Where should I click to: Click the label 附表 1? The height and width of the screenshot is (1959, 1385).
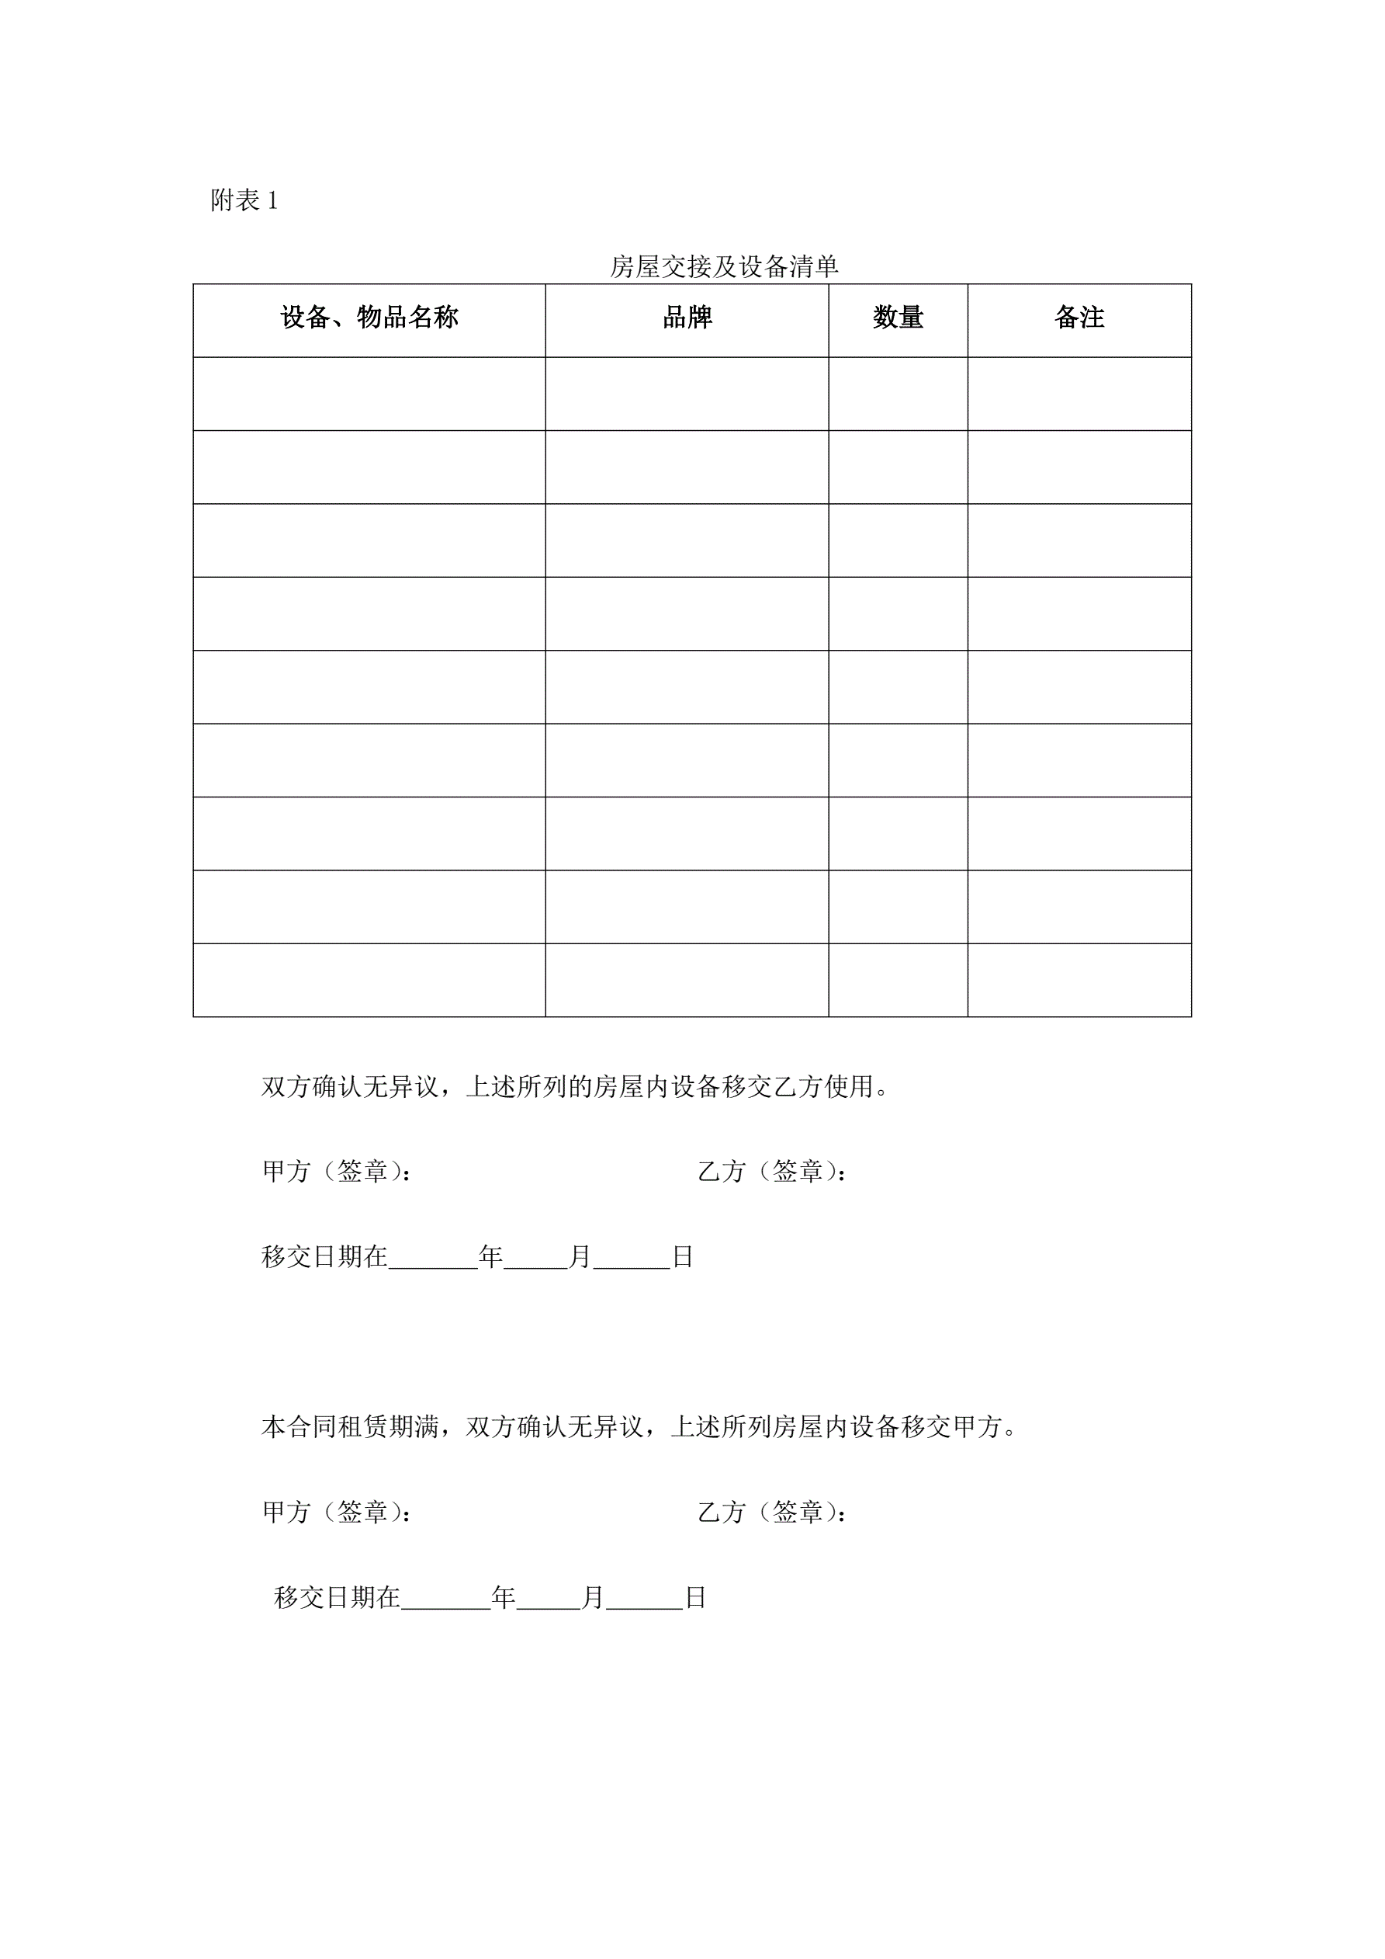click(x=244, y=201)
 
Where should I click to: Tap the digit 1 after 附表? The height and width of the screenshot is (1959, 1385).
click(x=272, y=201)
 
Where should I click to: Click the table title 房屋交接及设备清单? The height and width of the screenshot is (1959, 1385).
click(x=723, y=267)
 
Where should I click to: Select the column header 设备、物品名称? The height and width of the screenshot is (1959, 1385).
click(x=369, y=318)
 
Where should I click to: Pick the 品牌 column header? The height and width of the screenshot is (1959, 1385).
click(x=687, y=318)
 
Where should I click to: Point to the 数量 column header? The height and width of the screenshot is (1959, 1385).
click(x=897, y=318)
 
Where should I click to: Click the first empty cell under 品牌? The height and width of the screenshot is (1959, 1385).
click(x=687, y=394)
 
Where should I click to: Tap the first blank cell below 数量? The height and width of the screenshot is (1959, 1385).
click(x=897, y=394)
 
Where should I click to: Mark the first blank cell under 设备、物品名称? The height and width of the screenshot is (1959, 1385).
click(x=369, y=394)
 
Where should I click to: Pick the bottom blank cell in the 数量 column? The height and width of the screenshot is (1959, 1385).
click(x=897, y=980)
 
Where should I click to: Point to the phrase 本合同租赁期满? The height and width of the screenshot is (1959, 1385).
click(x=350, y=1427)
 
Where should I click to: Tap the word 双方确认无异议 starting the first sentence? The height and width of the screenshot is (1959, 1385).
click(x=350, y=1087)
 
